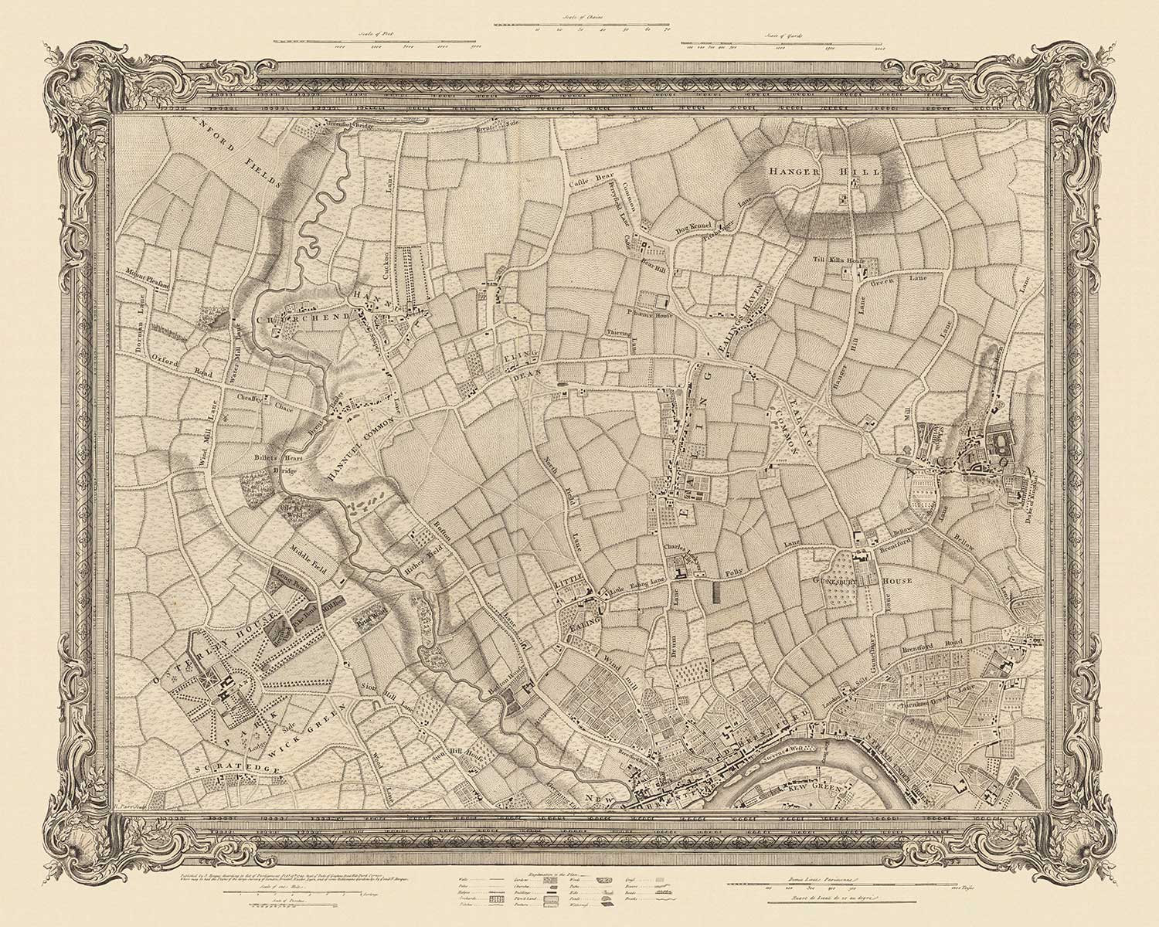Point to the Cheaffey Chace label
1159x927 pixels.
253,398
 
